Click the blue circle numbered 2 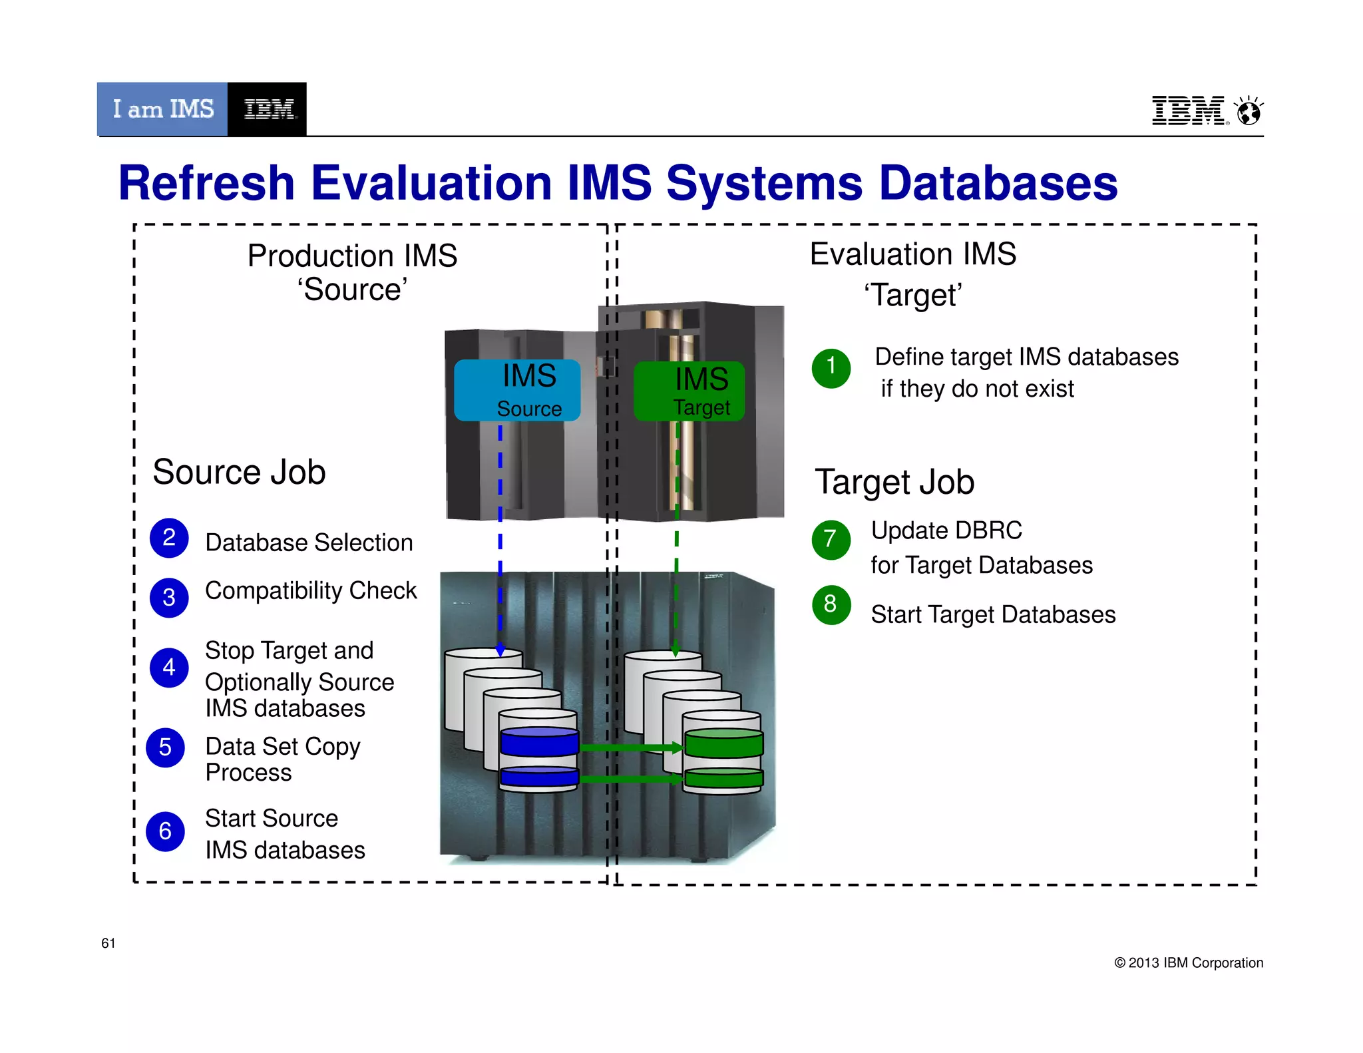[169, 538]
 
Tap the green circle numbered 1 [831, 367]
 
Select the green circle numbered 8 [831, 604]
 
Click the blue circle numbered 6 [166, 831]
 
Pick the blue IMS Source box [517, 391]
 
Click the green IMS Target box [689, 391]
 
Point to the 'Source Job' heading [239, 472]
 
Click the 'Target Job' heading [894, 482]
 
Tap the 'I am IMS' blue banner [162, 109]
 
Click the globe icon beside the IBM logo [1249, 111]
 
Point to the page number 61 [108, 943]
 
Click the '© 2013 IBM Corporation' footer [1189, 962]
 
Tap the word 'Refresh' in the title [206, 183]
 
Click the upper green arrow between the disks [631, 747]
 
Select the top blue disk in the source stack [539, 741]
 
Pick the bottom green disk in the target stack [723, 777]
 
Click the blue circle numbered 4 [169, 667]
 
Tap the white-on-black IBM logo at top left [268, 109]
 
